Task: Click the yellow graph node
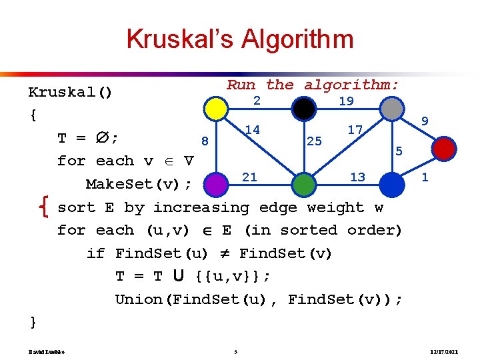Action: [215, 109]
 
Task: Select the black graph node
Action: [304, 108]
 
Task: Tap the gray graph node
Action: [393, 108]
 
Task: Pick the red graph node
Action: [443, 147]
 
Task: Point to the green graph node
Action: [303, 183]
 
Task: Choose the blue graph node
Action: [393, 182]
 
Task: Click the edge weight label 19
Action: [346, 101]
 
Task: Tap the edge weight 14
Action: [252, 129]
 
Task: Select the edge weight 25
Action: [314, 141]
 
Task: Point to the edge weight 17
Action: [355, 129]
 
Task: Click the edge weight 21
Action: [249, 177]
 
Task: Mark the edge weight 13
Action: [357, 177]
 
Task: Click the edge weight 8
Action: [205, 141]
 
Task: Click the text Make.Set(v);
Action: [139, 183]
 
